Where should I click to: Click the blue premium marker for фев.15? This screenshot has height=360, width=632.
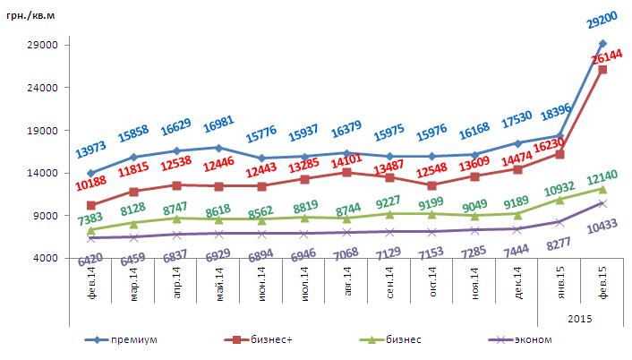[602, 44]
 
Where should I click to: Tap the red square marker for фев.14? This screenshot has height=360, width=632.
[91, 206]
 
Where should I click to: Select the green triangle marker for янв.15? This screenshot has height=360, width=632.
[559, 200]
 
